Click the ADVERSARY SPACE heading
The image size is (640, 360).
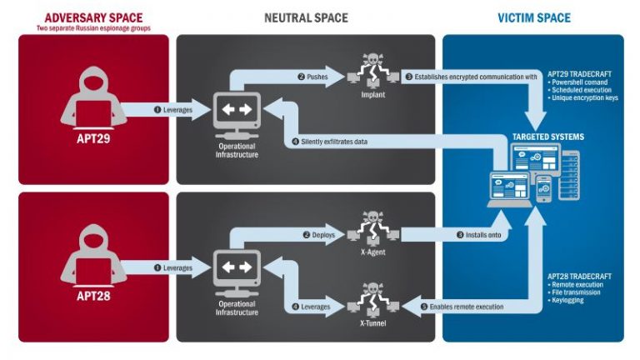point(92,17)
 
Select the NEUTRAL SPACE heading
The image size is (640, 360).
point(306,17)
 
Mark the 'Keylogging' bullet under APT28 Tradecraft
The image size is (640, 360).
point(567,300)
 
